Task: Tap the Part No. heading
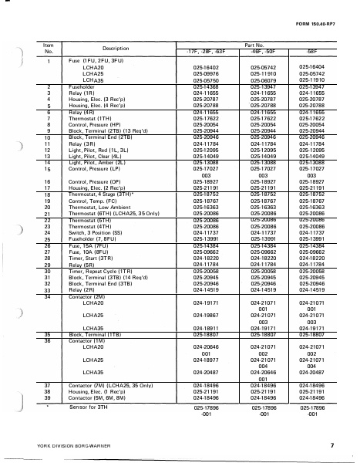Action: point(254,44)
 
